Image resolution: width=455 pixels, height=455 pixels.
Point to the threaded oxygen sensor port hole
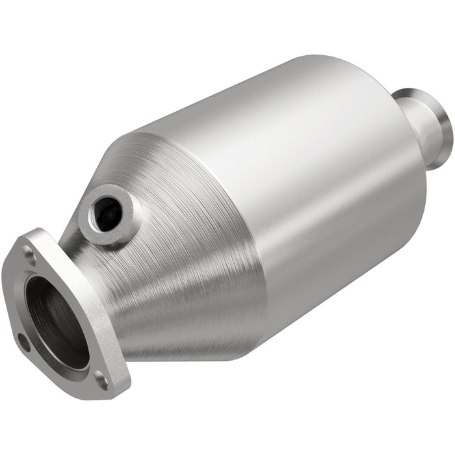(108, 211)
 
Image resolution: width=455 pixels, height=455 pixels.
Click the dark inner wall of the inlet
(45, 305)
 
